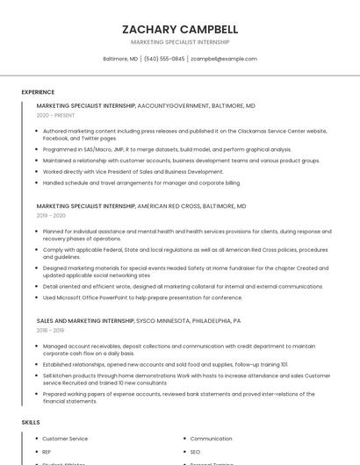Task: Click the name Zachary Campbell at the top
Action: (180, 29)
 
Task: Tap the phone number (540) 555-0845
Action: (164, 59)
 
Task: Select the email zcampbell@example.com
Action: (224, 59)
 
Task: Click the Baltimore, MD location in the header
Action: (120, 59)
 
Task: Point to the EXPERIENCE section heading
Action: (38, 92)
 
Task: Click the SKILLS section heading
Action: (31, 423)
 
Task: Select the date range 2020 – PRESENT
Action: (55, 115)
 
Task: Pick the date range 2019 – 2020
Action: (51, 215)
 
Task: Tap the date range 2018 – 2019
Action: (51, 331)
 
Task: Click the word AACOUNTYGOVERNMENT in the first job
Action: (172, 105)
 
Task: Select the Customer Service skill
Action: (65, 439)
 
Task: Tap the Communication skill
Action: (211, 439)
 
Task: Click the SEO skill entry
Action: (196, 452)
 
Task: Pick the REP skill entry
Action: (47, 452)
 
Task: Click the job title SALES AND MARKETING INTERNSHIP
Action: (85, 321)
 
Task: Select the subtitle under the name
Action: (180, 42)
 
